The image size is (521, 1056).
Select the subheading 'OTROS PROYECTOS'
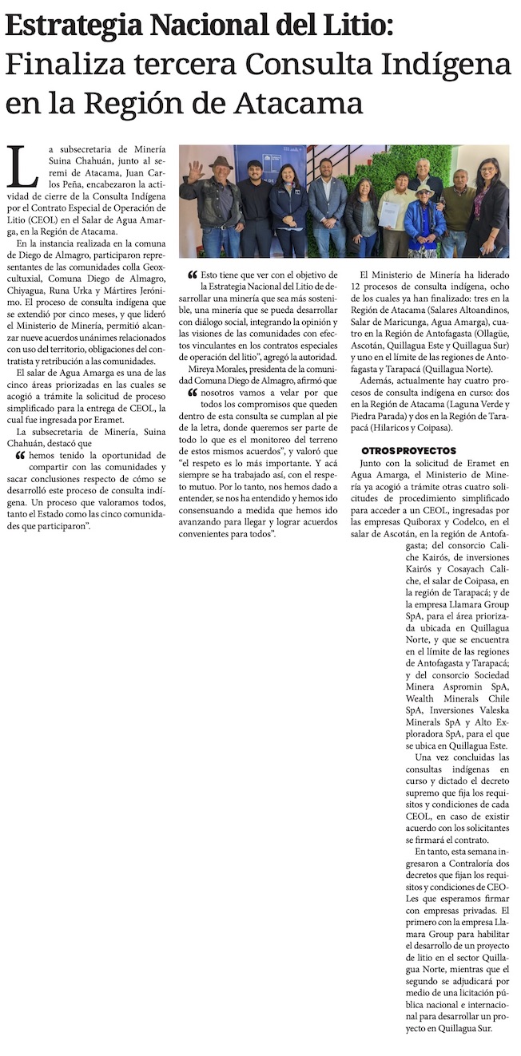tap(408, 451)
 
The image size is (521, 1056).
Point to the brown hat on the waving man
tap(221, 162)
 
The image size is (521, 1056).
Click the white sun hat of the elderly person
tap(425, 189)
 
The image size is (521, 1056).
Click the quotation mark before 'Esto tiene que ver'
tap(192, 275)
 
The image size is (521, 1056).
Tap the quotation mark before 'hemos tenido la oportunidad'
tap(20, 455)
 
